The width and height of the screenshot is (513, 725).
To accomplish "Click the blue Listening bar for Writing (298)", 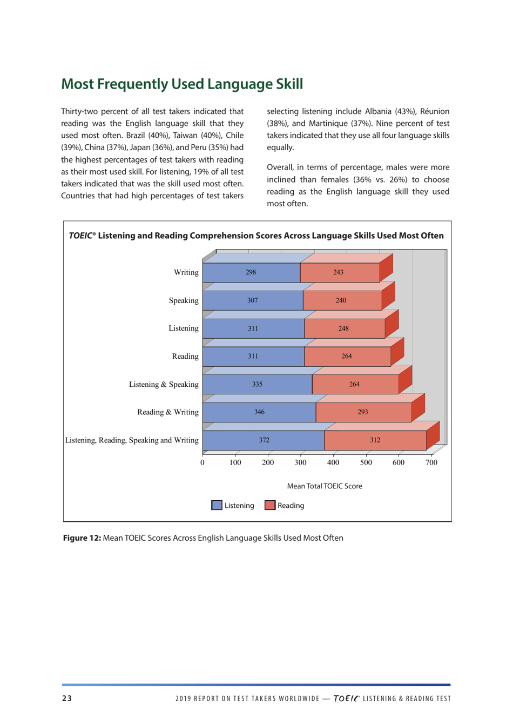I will [x=251, y=272].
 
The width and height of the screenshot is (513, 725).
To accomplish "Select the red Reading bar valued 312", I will [x=375, y=440].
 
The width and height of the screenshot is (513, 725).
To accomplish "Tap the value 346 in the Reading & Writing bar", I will [x=259, y=412].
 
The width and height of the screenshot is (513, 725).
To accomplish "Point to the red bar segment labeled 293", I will [x=363, y=412].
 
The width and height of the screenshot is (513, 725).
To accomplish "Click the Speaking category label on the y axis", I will [x=184, y=300].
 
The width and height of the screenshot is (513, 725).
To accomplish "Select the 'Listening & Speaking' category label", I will [x=164, y=385].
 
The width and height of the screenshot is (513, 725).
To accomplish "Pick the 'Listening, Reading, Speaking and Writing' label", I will [x=132, y=440].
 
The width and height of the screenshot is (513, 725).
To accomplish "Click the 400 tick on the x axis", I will [x=333, y=462].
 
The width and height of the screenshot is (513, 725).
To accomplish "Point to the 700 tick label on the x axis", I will [x=431, y=462].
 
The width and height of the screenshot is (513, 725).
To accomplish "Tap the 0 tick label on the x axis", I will [x=202, y=462].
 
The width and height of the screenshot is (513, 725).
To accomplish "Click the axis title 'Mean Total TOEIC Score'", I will [x=325, y=486].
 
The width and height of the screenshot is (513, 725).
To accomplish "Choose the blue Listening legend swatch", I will [x=217, y=506].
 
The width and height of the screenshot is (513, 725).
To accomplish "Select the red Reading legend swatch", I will [x=270, y=506].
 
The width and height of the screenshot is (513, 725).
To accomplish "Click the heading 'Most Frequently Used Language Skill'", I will [x=182, y=84].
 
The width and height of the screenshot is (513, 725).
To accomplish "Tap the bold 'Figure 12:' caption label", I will [x=82, y=538].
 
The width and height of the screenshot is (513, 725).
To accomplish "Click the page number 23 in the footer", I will [x=67, y=699].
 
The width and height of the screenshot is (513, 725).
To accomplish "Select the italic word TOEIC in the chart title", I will [x=80, y=236].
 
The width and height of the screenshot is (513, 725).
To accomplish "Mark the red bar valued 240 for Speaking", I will [x=341, y=300].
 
